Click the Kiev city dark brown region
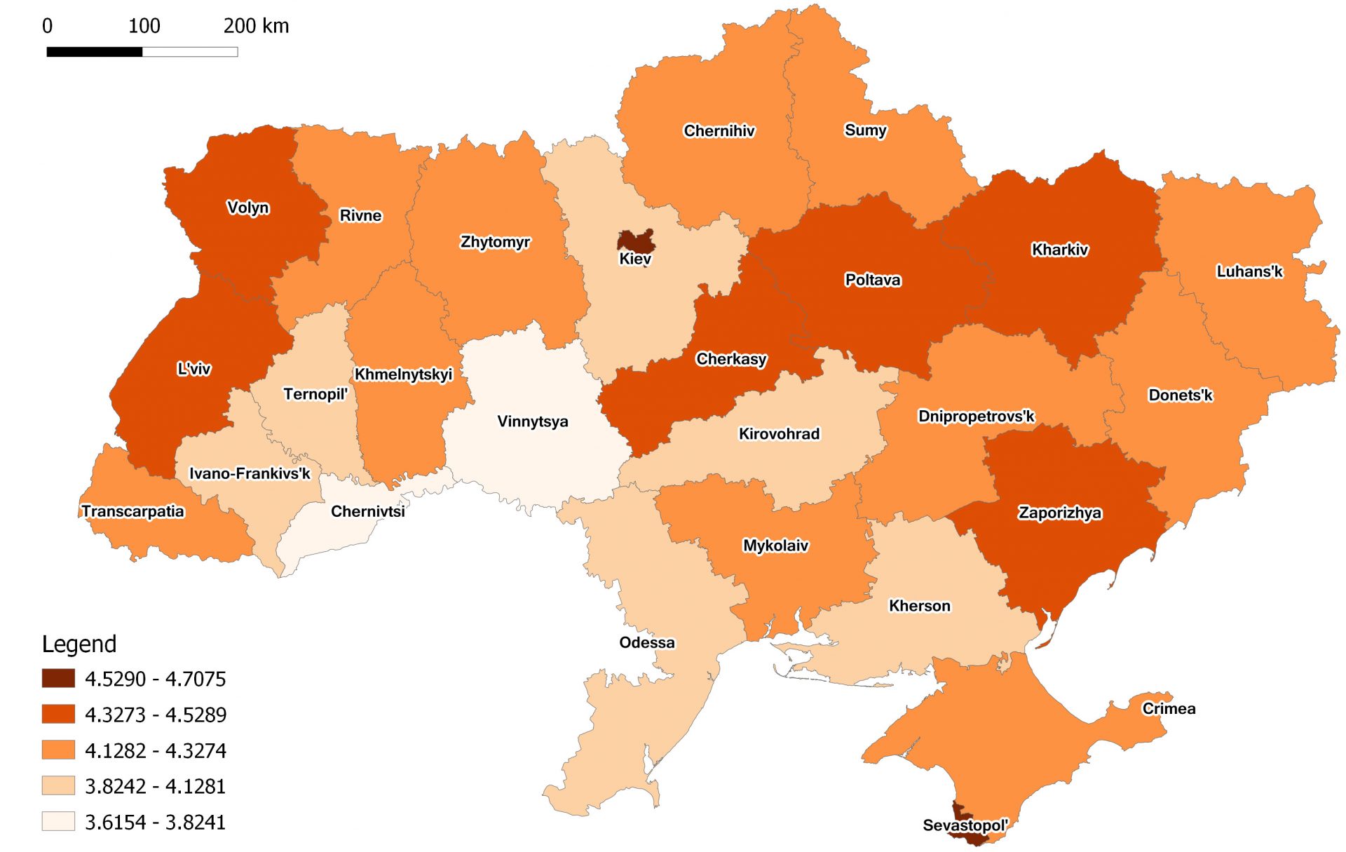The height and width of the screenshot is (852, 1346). pos(636,241)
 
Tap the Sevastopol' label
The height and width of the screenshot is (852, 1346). pos(965,825)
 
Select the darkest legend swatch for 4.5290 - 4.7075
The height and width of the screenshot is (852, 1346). pos(58,678)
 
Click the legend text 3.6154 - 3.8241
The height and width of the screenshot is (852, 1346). pos(155,822)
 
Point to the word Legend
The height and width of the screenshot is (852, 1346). pos(79,644)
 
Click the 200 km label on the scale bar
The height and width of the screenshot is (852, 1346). pos(256,26)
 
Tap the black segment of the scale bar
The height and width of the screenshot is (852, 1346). pos(95,52)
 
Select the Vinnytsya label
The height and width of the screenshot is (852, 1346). pos(532,421)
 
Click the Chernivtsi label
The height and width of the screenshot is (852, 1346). pos(367,511)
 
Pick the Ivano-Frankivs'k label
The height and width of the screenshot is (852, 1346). pos(250,473)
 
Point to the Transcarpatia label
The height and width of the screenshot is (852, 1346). pos(132,511)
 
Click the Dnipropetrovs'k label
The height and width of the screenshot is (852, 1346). pos(976,417)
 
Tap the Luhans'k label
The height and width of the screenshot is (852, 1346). pos(1249,271)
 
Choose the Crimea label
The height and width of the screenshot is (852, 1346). pos(1169,708)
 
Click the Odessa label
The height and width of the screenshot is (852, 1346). pos(646,642)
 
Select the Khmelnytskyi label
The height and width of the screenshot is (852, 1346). pos(403,374)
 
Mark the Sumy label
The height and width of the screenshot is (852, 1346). pos(865,130)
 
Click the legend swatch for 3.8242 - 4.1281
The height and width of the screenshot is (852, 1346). pos(58,785)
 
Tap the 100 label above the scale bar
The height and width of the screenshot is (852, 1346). pos(144,26)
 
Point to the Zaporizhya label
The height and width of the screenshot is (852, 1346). pos(1059,513)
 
